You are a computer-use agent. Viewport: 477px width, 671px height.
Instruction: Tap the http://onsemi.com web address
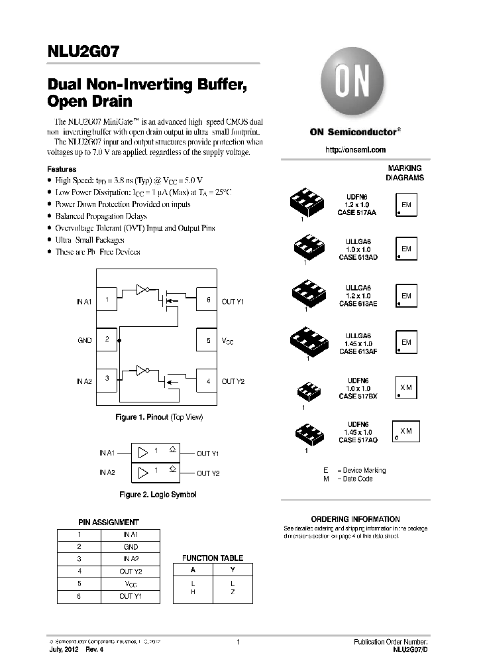(355, 150)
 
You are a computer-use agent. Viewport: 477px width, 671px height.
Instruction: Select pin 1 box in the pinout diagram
(107, 300)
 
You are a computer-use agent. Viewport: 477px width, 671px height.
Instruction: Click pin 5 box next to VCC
(207, 340)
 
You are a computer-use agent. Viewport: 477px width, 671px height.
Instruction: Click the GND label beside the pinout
(84, 340)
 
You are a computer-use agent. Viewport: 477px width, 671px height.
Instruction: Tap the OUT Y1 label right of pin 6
(233, 301)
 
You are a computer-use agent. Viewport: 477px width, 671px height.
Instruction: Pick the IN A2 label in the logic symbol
(107, 472)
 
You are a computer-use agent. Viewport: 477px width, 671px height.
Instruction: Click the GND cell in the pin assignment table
(131, 547)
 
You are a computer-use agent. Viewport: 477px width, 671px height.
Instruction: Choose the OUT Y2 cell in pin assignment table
(131, 571)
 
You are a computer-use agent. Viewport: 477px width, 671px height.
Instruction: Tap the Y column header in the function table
(232, 570)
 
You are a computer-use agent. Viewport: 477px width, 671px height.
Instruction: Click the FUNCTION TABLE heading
(213, 558)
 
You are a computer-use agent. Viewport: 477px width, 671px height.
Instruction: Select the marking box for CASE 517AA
(406, 206)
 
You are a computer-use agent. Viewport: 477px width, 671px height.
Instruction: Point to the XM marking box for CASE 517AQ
(406, 431)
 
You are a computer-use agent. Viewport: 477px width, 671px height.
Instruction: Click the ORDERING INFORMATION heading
(355, 519)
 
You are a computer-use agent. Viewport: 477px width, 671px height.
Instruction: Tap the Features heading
(62, 170)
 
